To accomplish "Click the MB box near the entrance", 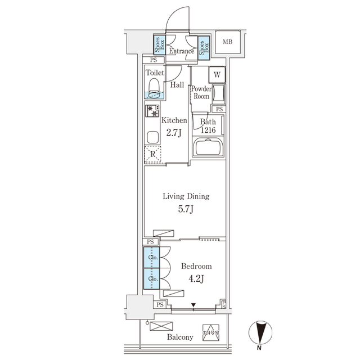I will tap(227, 42).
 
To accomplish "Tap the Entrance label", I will tap(181, 51).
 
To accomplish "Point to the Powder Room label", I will tap(201, 93).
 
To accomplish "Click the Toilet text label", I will tap(155, 73).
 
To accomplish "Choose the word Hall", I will tap(177, 85).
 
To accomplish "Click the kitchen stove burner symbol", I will tap(152, 111).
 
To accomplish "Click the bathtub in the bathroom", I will tap(209, 149).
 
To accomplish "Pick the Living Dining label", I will tap(186, 196).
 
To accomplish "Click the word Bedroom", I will tap(197, 266).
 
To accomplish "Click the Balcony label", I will tap(179, 337).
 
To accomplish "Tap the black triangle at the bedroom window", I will tap(194, 306).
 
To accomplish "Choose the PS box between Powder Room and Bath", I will tap(219, 109).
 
